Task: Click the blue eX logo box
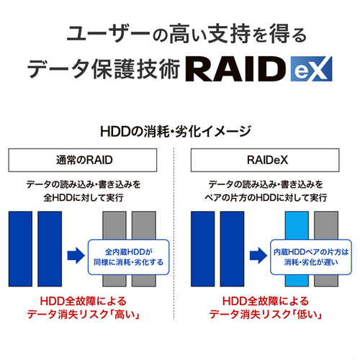[311, 69]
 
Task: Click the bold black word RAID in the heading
[237, 69]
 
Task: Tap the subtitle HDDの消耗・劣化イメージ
[175, 131]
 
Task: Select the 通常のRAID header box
[83, 160]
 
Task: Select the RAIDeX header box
[265, 160]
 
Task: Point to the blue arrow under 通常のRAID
[76, 256]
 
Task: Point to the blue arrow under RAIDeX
[258, 256]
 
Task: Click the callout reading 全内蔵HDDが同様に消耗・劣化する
[129, 257]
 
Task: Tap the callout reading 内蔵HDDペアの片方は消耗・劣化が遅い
[311, 257]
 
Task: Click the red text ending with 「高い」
[84, 307]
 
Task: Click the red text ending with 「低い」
[266, 307]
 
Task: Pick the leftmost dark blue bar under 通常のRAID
[20, 249]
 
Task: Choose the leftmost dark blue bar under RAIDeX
[203, 249]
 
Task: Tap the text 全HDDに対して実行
[84, 198]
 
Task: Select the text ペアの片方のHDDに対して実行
[266, 198]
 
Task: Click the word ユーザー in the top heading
[109, 34]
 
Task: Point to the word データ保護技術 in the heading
[104, 69]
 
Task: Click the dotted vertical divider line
[174, 234]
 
